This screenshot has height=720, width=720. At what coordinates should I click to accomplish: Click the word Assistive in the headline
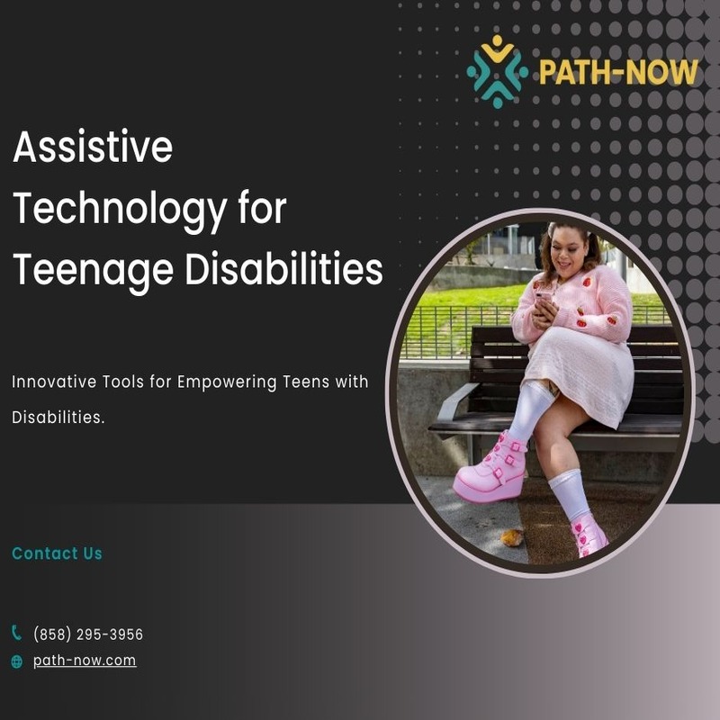94,147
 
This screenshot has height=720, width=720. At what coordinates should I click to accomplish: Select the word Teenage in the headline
94,271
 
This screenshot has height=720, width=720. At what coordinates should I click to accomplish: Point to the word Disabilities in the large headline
283,268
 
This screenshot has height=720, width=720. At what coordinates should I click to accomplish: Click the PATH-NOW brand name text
618,72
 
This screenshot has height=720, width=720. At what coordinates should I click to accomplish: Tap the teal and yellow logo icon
498,71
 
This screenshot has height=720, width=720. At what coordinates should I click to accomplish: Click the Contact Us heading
57,553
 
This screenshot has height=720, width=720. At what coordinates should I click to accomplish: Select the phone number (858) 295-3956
88,634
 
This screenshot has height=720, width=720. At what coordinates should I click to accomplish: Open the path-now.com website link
85,661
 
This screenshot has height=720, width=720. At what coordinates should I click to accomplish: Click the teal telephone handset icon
16,633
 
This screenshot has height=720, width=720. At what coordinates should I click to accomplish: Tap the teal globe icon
16,661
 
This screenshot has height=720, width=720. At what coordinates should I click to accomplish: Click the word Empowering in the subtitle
227,382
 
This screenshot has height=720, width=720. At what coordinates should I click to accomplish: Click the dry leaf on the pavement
511,537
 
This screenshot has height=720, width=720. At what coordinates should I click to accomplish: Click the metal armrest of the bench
455,401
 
